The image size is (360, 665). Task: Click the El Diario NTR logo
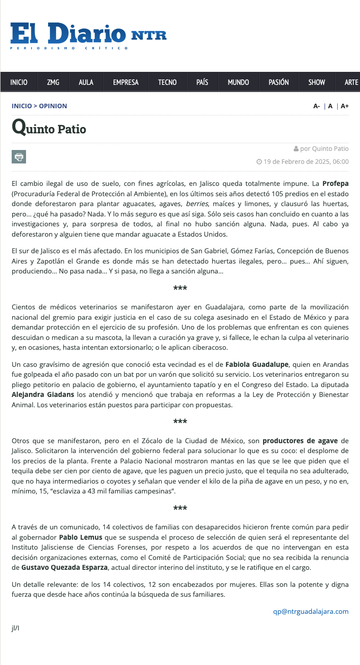click(x=88, y=35)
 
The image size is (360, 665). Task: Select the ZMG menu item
click(x=53, y=82)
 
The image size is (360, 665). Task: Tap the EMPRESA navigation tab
click(x=126, y=82)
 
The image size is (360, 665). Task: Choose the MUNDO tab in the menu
click(x=238, y=82)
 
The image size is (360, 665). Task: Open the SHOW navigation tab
click(x=316, y=82)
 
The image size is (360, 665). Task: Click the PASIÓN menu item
click(x=278, y=82)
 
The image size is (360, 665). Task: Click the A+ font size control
click(x=345, y=106)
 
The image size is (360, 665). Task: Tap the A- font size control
click(x=316, y=106)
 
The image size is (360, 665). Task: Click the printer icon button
click(x=19, y=157)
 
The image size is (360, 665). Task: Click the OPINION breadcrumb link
click(x=53, y=106)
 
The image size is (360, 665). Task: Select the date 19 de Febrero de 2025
click(x=297, y=162)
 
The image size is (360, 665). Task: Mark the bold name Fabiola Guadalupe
click(x=257, y=364)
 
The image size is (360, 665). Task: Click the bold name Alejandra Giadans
click(x=43, y=395)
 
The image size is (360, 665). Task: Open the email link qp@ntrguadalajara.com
click(x=311, y=612)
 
